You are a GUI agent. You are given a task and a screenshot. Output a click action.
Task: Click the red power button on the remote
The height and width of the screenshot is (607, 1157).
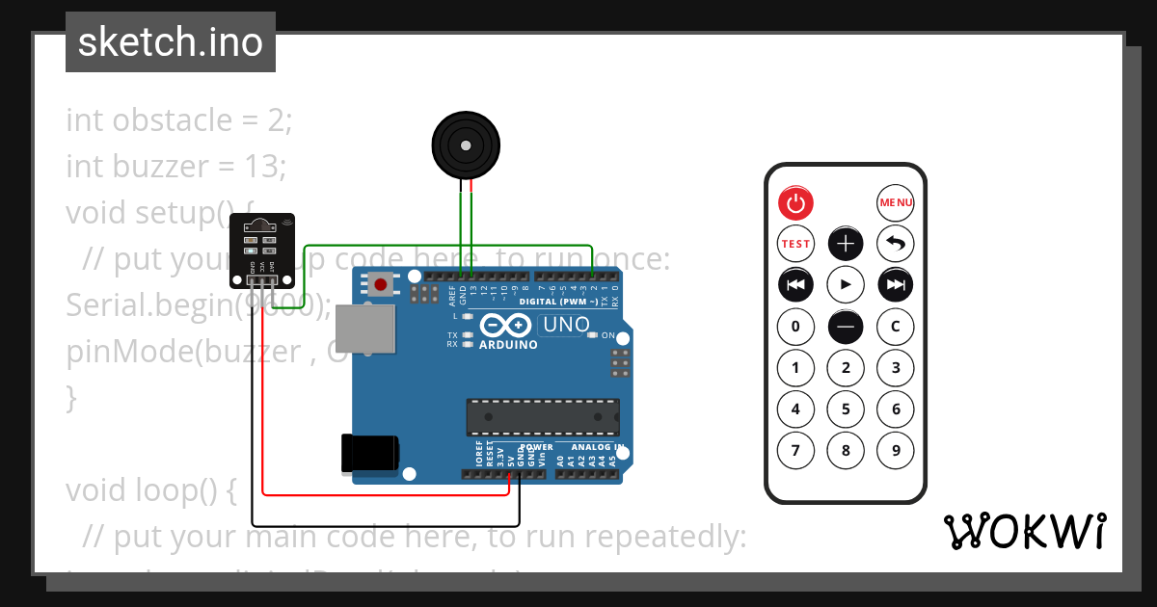[795, 202]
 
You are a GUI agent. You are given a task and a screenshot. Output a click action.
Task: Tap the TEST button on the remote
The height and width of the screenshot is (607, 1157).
[795, 244]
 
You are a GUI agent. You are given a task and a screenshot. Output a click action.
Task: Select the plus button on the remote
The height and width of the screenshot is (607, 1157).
[846, 244]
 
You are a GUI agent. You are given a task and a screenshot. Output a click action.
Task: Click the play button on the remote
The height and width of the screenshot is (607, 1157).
[846, 284]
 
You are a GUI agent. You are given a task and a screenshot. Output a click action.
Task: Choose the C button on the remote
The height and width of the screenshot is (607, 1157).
[895, 327]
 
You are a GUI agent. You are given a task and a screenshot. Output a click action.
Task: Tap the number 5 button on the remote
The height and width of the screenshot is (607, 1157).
[846, 409]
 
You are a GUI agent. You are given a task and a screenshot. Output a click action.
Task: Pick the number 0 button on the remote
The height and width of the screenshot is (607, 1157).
[795, 327]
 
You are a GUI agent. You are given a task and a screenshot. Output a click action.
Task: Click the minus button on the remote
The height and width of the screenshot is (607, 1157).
[846, 327]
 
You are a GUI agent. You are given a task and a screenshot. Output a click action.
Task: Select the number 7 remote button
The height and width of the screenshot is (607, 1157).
[795, 450]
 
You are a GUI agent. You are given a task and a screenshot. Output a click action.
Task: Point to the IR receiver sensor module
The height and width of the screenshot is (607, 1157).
[263, 250]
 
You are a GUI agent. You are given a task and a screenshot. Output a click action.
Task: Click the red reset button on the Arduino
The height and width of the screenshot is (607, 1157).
[382, 284]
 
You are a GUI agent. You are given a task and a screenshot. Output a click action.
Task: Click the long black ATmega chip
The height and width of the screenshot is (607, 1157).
[543, 416]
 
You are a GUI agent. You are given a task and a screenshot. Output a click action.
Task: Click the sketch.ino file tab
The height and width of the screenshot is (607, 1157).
[171, 42]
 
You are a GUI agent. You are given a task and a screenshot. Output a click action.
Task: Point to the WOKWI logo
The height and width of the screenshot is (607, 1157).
[1024, 531]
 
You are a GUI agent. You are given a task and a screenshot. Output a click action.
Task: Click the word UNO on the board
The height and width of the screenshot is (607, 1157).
[566, 325]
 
